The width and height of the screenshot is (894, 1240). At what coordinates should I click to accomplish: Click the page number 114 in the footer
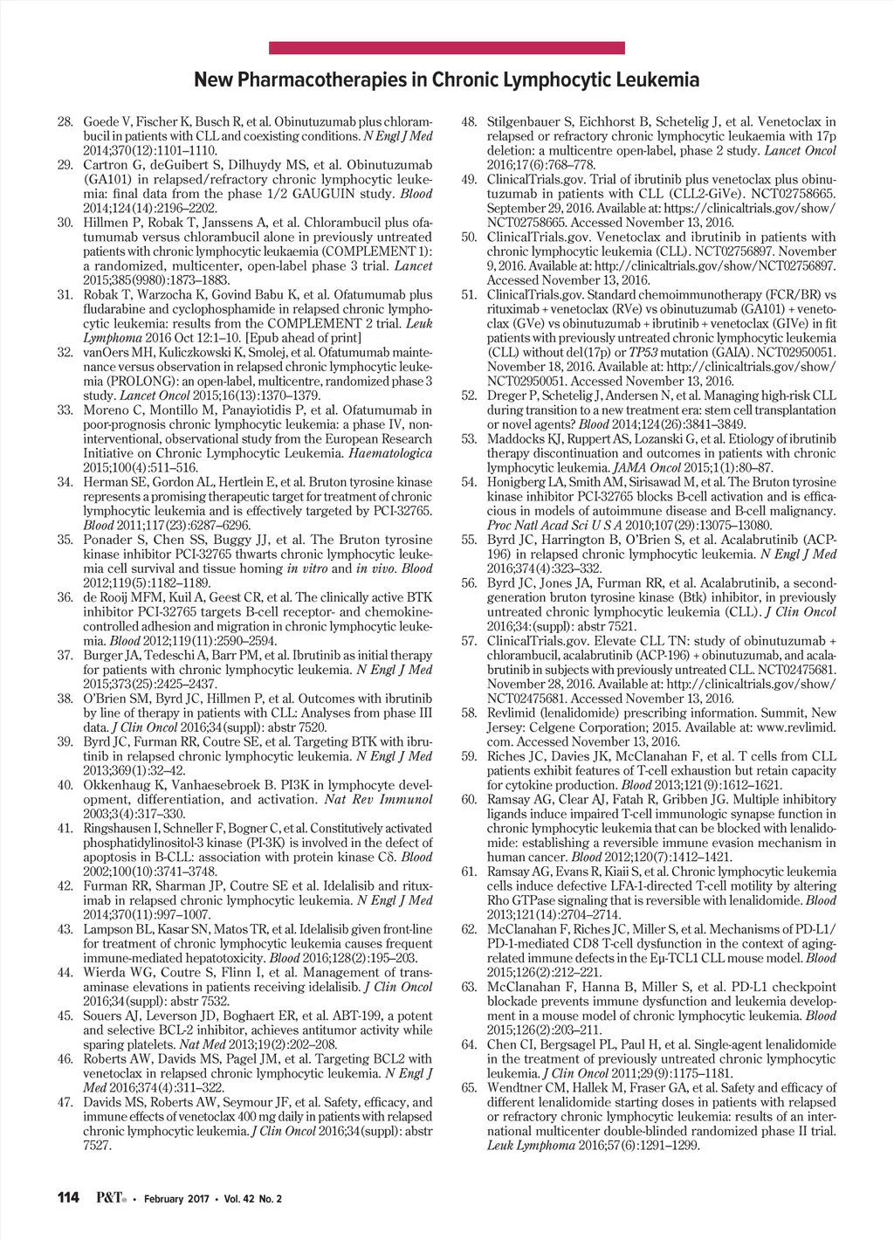pos(68,1197)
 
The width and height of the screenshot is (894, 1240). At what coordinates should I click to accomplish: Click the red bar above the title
pos(446,48)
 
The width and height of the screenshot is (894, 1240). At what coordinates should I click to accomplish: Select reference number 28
pos(65,121)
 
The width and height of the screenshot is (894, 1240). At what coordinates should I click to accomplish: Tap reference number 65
pos(469,1088)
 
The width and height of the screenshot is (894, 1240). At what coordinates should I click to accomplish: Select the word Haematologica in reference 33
pos(390,453)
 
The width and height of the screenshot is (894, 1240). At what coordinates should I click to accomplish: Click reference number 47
pos(65,1102)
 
